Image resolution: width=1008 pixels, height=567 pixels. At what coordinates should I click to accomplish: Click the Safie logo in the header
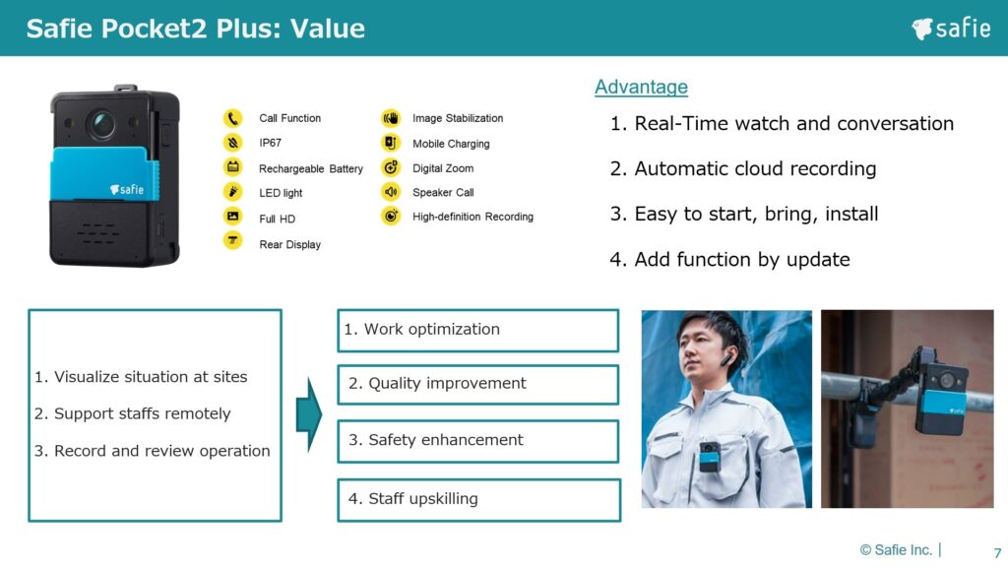click(x=951, y=29)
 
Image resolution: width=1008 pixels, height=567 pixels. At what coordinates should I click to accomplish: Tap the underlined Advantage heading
click(x=641, y=87)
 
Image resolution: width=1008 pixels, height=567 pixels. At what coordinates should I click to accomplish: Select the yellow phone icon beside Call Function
click(x=232, y=118)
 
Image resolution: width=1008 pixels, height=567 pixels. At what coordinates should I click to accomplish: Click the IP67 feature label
click(x=270, y=143)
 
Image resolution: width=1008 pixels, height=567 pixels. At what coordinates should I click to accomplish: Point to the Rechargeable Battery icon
click(x=232, y=167)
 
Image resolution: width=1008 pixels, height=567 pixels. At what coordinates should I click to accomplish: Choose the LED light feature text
click(x=281, y=193)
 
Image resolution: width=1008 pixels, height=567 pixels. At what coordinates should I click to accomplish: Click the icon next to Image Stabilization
click(x=390, y=118)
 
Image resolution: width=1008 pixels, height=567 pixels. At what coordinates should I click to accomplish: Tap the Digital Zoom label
click(x=443, y=168)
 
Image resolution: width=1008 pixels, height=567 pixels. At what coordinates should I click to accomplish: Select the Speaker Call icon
click(x=390, y=192)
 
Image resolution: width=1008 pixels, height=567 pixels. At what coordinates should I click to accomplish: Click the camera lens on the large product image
click(x=101, y=123)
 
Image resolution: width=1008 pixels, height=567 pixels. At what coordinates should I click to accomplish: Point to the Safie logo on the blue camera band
click(x=127, y=189)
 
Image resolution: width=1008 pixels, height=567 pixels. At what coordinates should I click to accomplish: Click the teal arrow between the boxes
click(x=309, y=414)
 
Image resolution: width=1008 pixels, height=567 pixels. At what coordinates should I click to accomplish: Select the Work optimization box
click(x=477, y=331)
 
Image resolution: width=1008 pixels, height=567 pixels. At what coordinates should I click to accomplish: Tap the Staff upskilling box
click(x=479, y=499)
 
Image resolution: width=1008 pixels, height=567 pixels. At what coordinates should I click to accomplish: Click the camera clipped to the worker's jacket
click(x=710, y=457)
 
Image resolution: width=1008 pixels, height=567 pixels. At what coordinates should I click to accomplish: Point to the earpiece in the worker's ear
click(x=727, y=358)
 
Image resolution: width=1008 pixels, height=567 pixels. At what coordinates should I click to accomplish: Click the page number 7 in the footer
click(x=997, y=552)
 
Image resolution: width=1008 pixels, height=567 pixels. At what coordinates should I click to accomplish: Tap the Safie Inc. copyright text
click(x=896, y=549)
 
